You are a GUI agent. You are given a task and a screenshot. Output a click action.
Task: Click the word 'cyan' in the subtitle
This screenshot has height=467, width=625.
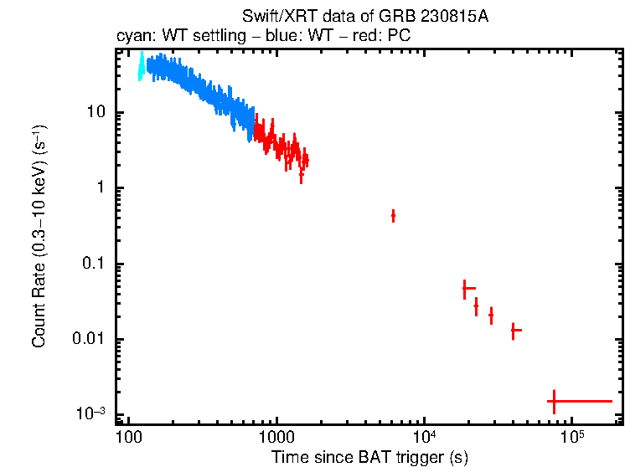click(132, 38)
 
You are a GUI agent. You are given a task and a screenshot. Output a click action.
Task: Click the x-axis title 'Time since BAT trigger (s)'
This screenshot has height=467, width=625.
click(369, 457)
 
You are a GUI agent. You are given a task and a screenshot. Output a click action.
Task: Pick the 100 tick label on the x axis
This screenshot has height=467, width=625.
click(128, 439)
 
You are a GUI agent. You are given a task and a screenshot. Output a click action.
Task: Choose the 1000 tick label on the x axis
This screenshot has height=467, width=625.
click(276, 439)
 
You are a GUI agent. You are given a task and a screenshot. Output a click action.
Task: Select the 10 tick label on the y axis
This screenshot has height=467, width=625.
click(95, 113)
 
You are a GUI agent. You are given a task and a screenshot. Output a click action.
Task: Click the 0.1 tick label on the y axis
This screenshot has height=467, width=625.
click(92, 264)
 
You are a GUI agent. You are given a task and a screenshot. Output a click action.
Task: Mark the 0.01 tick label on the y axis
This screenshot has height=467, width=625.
click(88, 340)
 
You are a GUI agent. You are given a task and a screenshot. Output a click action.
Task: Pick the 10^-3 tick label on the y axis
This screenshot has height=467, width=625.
click(90, 413)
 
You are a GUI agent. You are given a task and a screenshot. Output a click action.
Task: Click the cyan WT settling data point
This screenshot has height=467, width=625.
click(141, 67)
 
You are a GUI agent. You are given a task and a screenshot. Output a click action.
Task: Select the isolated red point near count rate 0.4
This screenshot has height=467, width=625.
click(393, 216)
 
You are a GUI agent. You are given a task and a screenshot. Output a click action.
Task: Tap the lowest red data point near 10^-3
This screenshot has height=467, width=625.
click(553, 402)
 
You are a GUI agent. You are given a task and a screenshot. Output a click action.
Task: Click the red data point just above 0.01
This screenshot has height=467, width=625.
click(514, 331)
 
